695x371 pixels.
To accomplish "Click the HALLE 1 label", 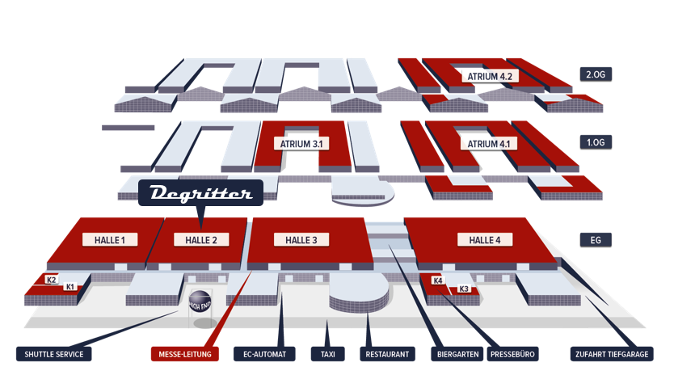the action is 110,240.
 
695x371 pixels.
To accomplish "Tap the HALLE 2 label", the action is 201,240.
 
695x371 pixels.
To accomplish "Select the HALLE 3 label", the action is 301,240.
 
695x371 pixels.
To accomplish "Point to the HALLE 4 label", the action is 485,240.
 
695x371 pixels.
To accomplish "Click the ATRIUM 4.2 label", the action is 490,76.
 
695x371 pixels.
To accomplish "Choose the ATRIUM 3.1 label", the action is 301,144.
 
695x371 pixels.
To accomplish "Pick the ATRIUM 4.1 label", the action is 489,144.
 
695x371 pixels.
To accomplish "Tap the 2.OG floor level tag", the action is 596,74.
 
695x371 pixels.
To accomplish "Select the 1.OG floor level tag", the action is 596,142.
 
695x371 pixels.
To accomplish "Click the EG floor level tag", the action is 596,240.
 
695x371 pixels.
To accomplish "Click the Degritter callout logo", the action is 200,193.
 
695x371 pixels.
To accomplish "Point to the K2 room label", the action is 52,280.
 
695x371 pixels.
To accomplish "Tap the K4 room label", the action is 438,280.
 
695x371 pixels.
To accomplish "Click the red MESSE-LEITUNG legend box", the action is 185,354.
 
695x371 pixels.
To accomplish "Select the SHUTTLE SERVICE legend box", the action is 54,354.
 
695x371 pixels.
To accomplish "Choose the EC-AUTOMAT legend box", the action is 264,354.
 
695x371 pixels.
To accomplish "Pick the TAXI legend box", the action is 328,354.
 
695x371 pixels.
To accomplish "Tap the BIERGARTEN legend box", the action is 458,354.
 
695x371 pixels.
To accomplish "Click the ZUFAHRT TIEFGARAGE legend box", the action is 612,354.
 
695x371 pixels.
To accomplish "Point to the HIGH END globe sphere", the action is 200,301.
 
